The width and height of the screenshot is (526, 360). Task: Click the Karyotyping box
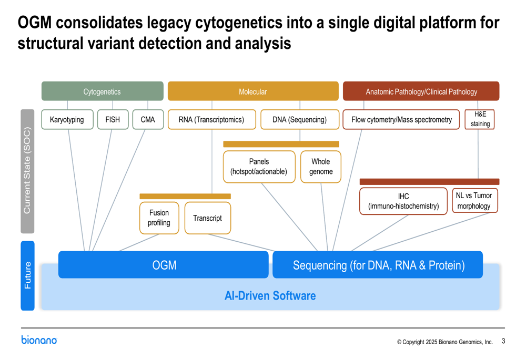(67, 119)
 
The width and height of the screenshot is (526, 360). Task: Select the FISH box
(113, 119)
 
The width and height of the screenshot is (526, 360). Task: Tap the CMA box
(148, 119)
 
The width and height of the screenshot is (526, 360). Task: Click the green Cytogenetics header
(102, 91)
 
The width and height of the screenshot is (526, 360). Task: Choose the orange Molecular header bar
(253, 91)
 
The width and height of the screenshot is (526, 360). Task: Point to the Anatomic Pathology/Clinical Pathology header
(421, 91)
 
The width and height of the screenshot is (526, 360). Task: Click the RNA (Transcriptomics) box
(211, 119)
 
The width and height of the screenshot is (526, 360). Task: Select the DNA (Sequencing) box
(299, 119)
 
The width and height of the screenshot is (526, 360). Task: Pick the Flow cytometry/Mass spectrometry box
(401, 119)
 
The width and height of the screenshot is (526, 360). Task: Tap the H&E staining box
(480, 119)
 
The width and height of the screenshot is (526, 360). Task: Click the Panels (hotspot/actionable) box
(259, 167)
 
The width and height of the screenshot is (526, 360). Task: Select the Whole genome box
(320, 167)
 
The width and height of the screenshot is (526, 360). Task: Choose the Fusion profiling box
(159, 218)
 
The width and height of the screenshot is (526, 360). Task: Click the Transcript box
(207, 218)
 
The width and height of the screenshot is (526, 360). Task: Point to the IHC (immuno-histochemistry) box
(403, 201)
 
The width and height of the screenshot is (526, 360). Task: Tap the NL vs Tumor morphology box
(474, 201)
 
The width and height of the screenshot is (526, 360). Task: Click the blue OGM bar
(164, 265)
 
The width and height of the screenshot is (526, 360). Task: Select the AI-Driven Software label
(270, 295)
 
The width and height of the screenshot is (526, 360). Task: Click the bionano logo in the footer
(39, 340)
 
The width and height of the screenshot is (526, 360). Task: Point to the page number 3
(503, 341)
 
